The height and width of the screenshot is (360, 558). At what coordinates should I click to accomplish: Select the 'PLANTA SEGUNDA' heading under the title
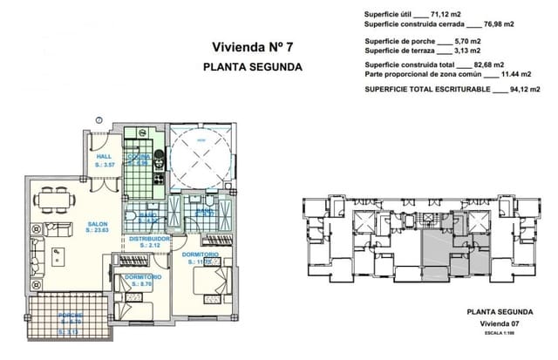[x=252, y=66]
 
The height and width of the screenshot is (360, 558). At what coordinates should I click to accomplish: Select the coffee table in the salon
[x=58, y=255]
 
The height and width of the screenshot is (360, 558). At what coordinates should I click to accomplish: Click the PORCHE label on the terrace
[x=70, y=314]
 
